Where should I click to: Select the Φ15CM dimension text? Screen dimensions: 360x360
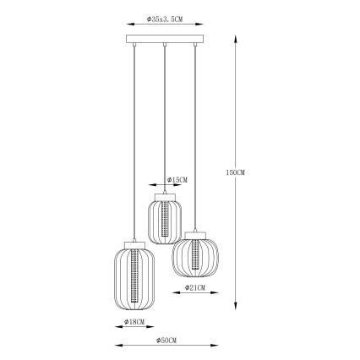[177, 180]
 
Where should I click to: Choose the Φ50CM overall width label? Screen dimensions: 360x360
[166, 339]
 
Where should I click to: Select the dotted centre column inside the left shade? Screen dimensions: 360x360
[134, 279]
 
